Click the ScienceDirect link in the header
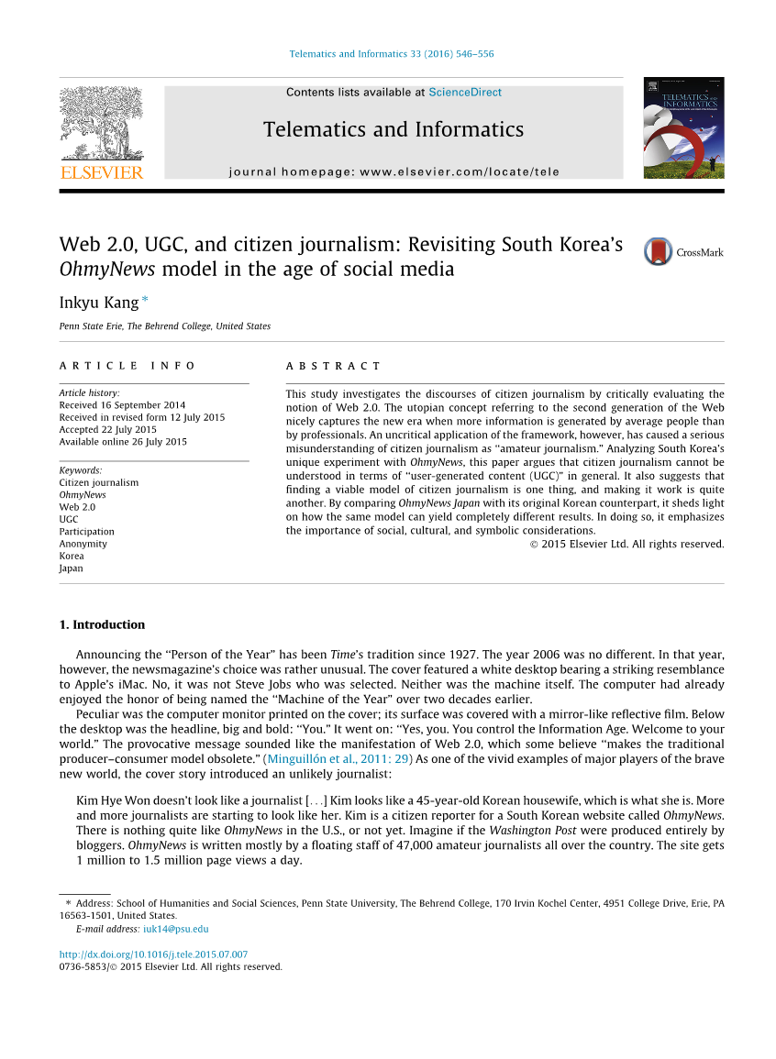click(465, 93)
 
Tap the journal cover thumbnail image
click(683, 127)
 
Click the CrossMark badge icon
click(659, 251)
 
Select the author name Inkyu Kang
click(99, 302)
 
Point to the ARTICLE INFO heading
click(127, 366)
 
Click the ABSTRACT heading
click(333, 366)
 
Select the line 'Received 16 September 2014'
click(122, 405)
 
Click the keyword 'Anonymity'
click(83, 544)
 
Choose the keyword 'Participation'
click(86, 532)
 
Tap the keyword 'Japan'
click(71, 568)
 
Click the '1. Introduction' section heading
click(102, 625)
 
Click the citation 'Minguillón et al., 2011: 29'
click(338, 759)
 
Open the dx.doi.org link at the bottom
click(153, 954)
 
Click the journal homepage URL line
click(394, 171)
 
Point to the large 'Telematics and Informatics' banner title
click(394, 129)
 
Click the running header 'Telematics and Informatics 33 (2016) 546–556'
click(392, 54)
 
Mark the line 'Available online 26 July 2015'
click(123, 442)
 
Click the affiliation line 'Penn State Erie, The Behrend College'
click(164, 326)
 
